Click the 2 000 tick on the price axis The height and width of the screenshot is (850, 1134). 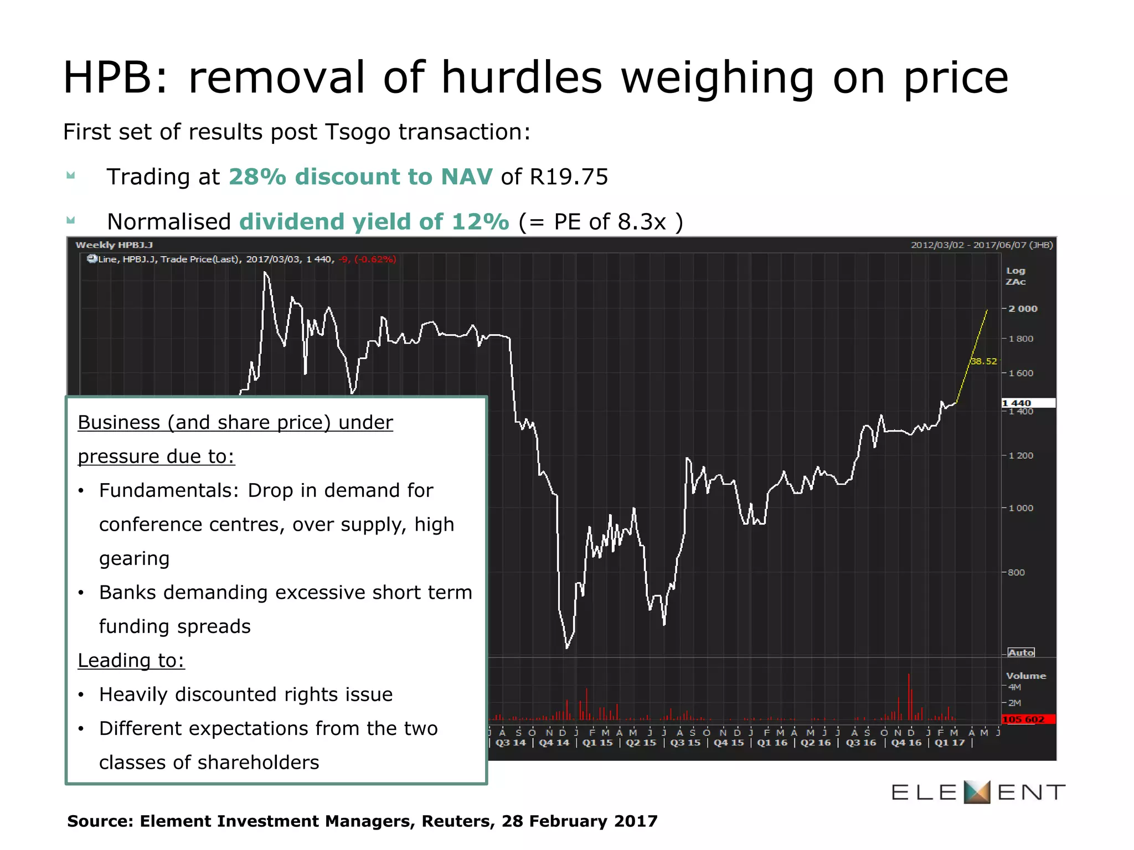[x=1022, y=309]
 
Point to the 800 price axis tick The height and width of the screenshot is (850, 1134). [x=1016, y=572]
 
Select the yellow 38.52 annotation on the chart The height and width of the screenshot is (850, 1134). [x=983, y=361]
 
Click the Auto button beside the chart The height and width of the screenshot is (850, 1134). [x=1021, y=652]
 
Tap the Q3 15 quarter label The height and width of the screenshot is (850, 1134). [x=685, y=743]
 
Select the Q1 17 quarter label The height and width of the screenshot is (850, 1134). [x=950, y=743]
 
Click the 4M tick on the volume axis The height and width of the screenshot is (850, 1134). [x=1014, y=687]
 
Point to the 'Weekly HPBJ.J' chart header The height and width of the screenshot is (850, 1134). [x=114, y=245]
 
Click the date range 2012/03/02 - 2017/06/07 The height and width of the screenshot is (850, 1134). [x=982, y=245]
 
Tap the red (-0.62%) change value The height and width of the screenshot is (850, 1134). [x=375, y=259]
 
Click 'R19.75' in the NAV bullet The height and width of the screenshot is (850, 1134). [x=569, y=177]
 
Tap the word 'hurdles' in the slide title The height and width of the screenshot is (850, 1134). [x=521, y=77]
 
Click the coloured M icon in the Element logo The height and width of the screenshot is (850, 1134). [x=977, y=792]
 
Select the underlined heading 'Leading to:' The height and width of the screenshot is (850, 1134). [x=131, y=660]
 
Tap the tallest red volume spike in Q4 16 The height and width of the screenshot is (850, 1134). [x=909, y=696]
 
